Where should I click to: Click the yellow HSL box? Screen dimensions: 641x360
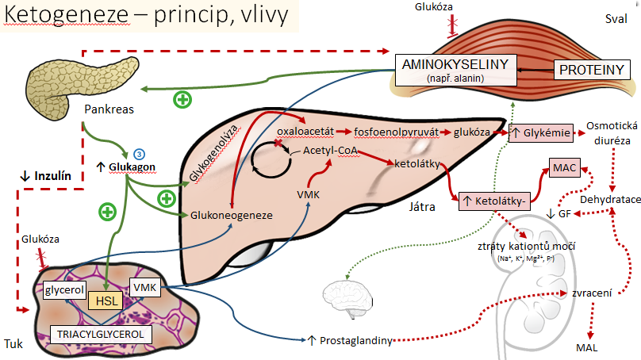coord(106,301)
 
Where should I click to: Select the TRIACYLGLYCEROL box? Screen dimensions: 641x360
coord(101,335)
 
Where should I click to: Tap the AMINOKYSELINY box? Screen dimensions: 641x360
coord(455,71)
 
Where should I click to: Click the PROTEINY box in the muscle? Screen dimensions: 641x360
coord(592,70)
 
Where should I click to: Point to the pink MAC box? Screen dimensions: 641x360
coord(564,167)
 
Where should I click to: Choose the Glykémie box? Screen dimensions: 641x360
coord(541,132)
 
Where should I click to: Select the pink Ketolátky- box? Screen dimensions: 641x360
coord(494,201)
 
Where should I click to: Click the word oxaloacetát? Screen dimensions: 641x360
coord(305,132)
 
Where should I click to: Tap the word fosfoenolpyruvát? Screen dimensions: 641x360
coord(396,132)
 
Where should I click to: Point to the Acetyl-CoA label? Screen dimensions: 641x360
coord(330,151)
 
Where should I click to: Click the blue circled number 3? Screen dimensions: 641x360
coord(139,154)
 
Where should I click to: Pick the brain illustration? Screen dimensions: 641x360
coord(348,297)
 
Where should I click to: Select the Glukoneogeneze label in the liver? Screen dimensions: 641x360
coord(232,216)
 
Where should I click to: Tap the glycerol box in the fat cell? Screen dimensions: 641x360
coord(64,289)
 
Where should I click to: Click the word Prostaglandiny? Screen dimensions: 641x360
coord(356,340)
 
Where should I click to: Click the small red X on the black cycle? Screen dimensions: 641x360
coord(278,143)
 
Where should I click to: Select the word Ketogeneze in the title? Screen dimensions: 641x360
coord(66,15)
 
